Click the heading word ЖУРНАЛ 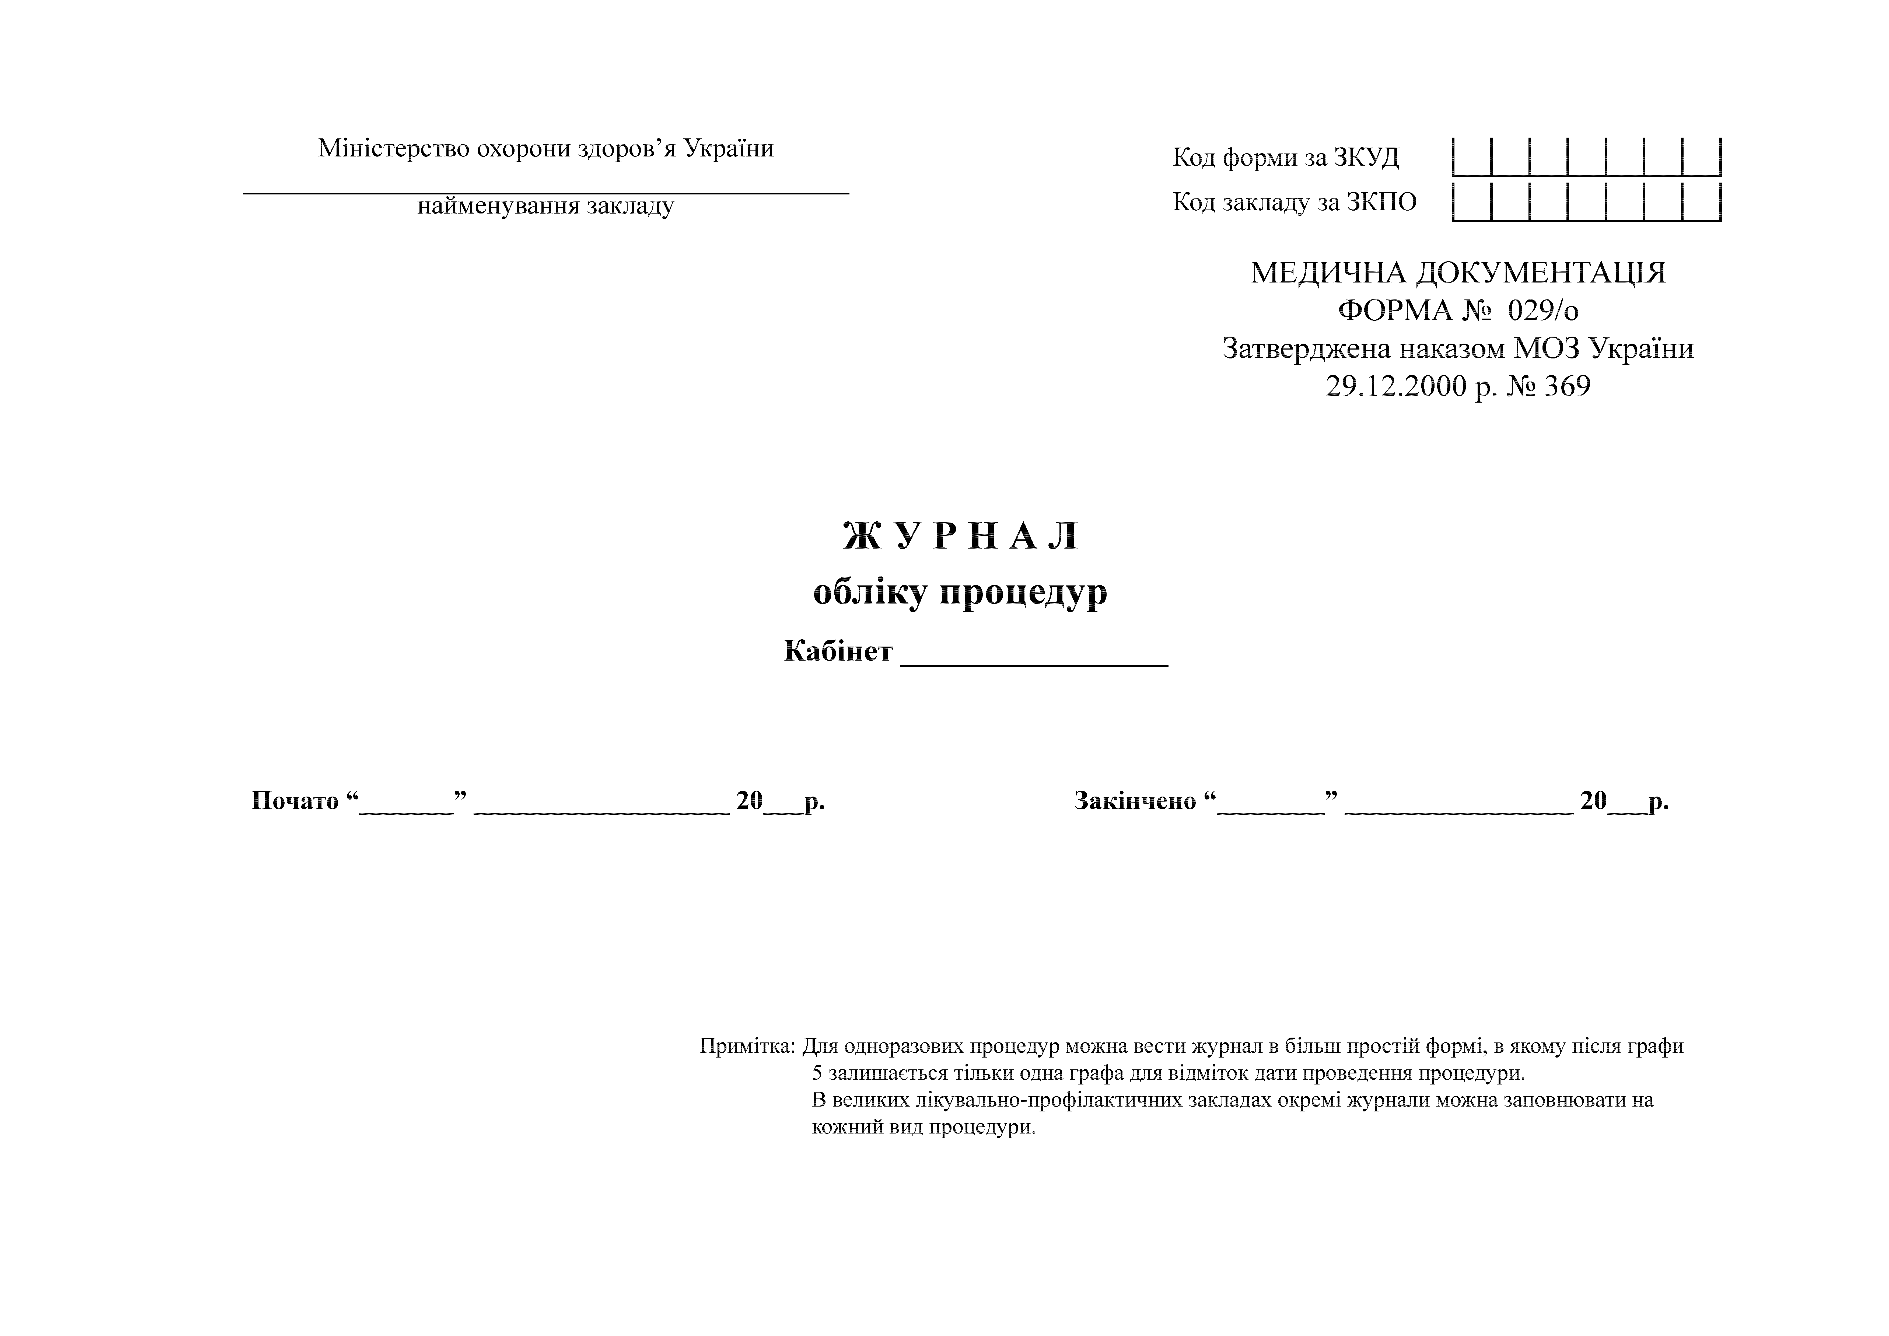(x=960, y=537)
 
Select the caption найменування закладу (x=545, y=206)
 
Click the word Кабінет (x=838, y=651)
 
